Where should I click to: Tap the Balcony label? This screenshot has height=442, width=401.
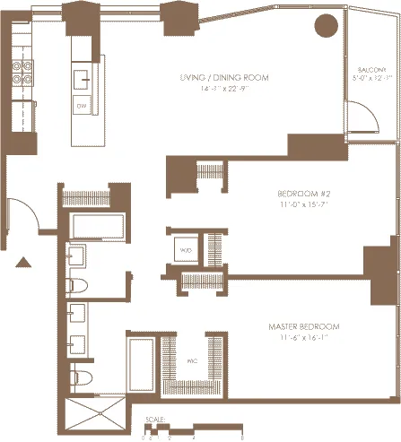click(x=371, y=68)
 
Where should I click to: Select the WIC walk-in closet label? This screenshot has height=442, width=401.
click(x=191, y=362)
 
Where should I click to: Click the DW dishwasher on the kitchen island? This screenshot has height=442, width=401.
click(x=82, y=106)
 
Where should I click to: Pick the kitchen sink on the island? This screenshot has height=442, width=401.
click(x=83, y=77)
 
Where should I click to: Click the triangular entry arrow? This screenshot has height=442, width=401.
click(x=24, y=262)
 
